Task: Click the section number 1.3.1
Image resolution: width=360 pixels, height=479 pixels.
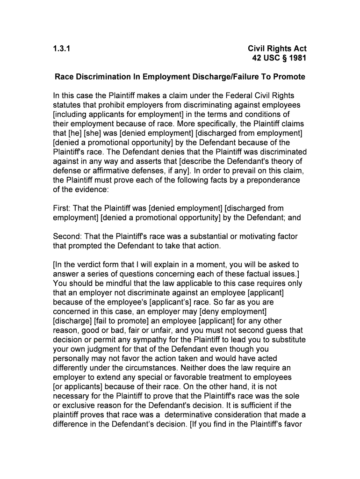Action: point(62,49)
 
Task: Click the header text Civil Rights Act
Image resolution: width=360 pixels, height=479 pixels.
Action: point(277,49)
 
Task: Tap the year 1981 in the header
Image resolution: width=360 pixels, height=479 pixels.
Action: point(297,58)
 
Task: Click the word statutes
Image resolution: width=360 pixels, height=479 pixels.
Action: point(68,105)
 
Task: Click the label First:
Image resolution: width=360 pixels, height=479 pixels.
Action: point(63,208)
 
